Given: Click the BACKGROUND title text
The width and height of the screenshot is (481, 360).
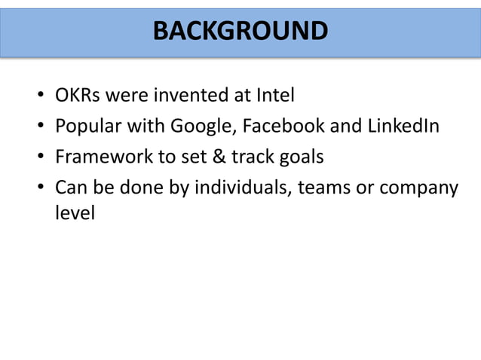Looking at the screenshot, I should click(x=240, y=31).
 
